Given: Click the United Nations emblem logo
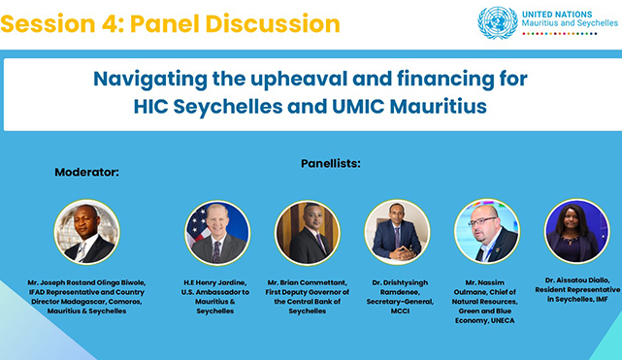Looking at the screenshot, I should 497,22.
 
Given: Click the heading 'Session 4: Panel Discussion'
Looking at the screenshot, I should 171,23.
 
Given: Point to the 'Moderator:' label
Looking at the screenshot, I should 86,172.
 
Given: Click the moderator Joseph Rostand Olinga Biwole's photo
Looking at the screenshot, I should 86,233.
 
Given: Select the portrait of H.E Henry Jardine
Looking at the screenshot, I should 217,233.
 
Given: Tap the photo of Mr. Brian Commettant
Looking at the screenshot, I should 307,233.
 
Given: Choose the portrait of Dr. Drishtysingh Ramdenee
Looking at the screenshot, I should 397,233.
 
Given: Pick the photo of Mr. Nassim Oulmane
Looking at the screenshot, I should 486,233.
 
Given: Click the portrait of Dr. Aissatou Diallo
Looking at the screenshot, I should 576,231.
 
